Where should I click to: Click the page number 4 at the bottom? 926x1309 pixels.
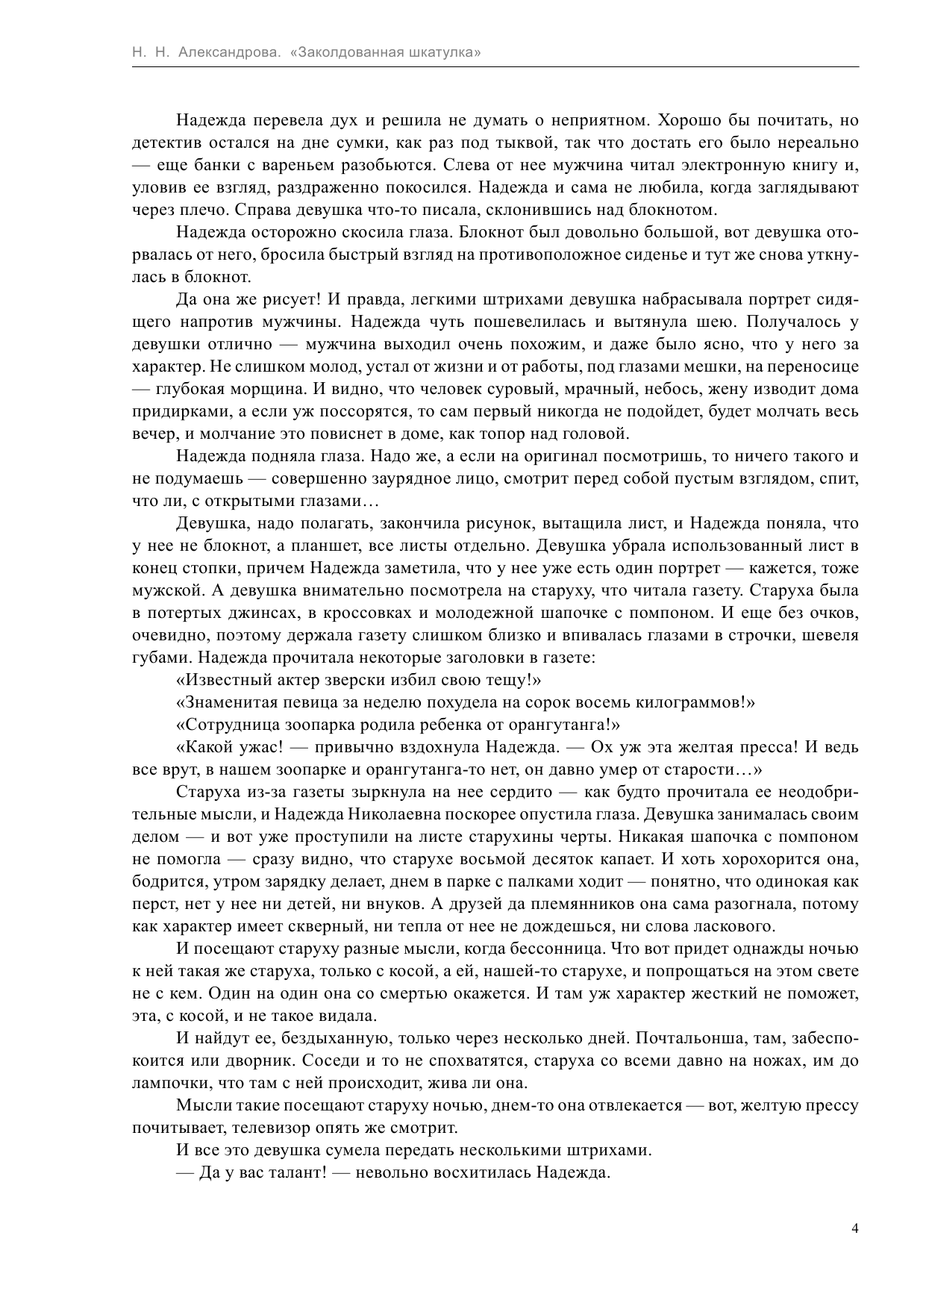click(855, 1228)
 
